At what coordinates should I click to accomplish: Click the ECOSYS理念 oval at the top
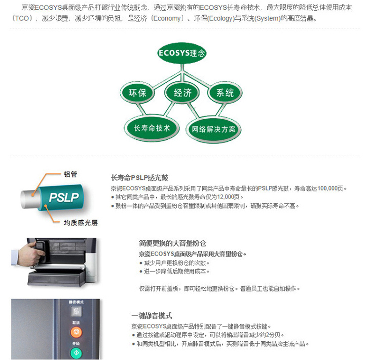point(182,53)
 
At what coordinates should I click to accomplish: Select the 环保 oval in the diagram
point(137,93)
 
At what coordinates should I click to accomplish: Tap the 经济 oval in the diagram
point(182,93)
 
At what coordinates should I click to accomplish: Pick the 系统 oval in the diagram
point(225,93)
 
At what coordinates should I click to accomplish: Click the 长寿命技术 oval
point(152,129)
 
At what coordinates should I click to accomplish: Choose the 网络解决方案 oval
point(214,129)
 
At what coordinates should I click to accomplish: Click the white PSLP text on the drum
point(64,197)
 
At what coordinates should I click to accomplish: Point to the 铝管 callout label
point(70,174)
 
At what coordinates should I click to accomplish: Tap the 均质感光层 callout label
point(81,223)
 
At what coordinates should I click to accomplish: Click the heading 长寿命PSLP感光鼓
point(140,178)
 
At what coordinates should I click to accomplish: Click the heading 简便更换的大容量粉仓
point(172,243)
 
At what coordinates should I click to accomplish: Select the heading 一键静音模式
point(152,316)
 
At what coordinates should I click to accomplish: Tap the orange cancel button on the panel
point(76,332)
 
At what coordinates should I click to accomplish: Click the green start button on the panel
point(76,353)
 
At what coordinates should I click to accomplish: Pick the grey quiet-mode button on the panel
point(76,311)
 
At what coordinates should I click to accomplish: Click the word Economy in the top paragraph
point(167,18)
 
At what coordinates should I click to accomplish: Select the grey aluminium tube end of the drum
point(30,199)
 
